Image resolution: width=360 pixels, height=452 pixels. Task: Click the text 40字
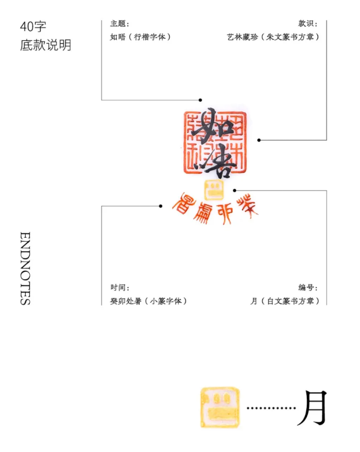[x=33, y=26]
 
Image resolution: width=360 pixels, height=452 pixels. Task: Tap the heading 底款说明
[x=45, y=45]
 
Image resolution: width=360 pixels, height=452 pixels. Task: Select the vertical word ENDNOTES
[x=25, y=268]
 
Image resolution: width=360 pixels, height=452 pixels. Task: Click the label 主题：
[x=120, y=24]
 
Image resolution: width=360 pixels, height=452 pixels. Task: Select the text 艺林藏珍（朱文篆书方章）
[x=273, y=37]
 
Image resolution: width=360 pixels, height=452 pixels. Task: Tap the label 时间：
[x=120, y=288]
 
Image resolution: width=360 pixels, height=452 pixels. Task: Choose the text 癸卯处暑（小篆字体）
[x=149, y=301]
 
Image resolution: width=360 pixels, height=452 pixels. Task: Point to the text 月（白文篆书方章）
[x=285, y=301]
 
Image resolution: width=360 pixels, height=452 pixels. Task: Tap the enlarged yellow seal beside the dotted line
[x=220, y=408]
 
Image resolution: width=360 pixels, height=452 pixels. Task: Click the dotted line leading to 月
[x=271, y=408]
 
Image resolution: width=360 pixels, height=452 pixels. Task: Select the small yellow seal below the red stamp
[x=214, y=189]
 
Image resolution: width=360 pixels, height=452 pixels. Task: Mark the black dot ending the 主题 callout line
[x=200, y=100]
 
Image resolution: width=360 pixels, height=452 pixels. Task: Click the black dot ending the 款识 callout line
[x=259, y=140]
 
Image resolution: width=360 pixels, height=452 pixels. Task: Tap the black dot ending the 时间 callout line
[x=160, y=206]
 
